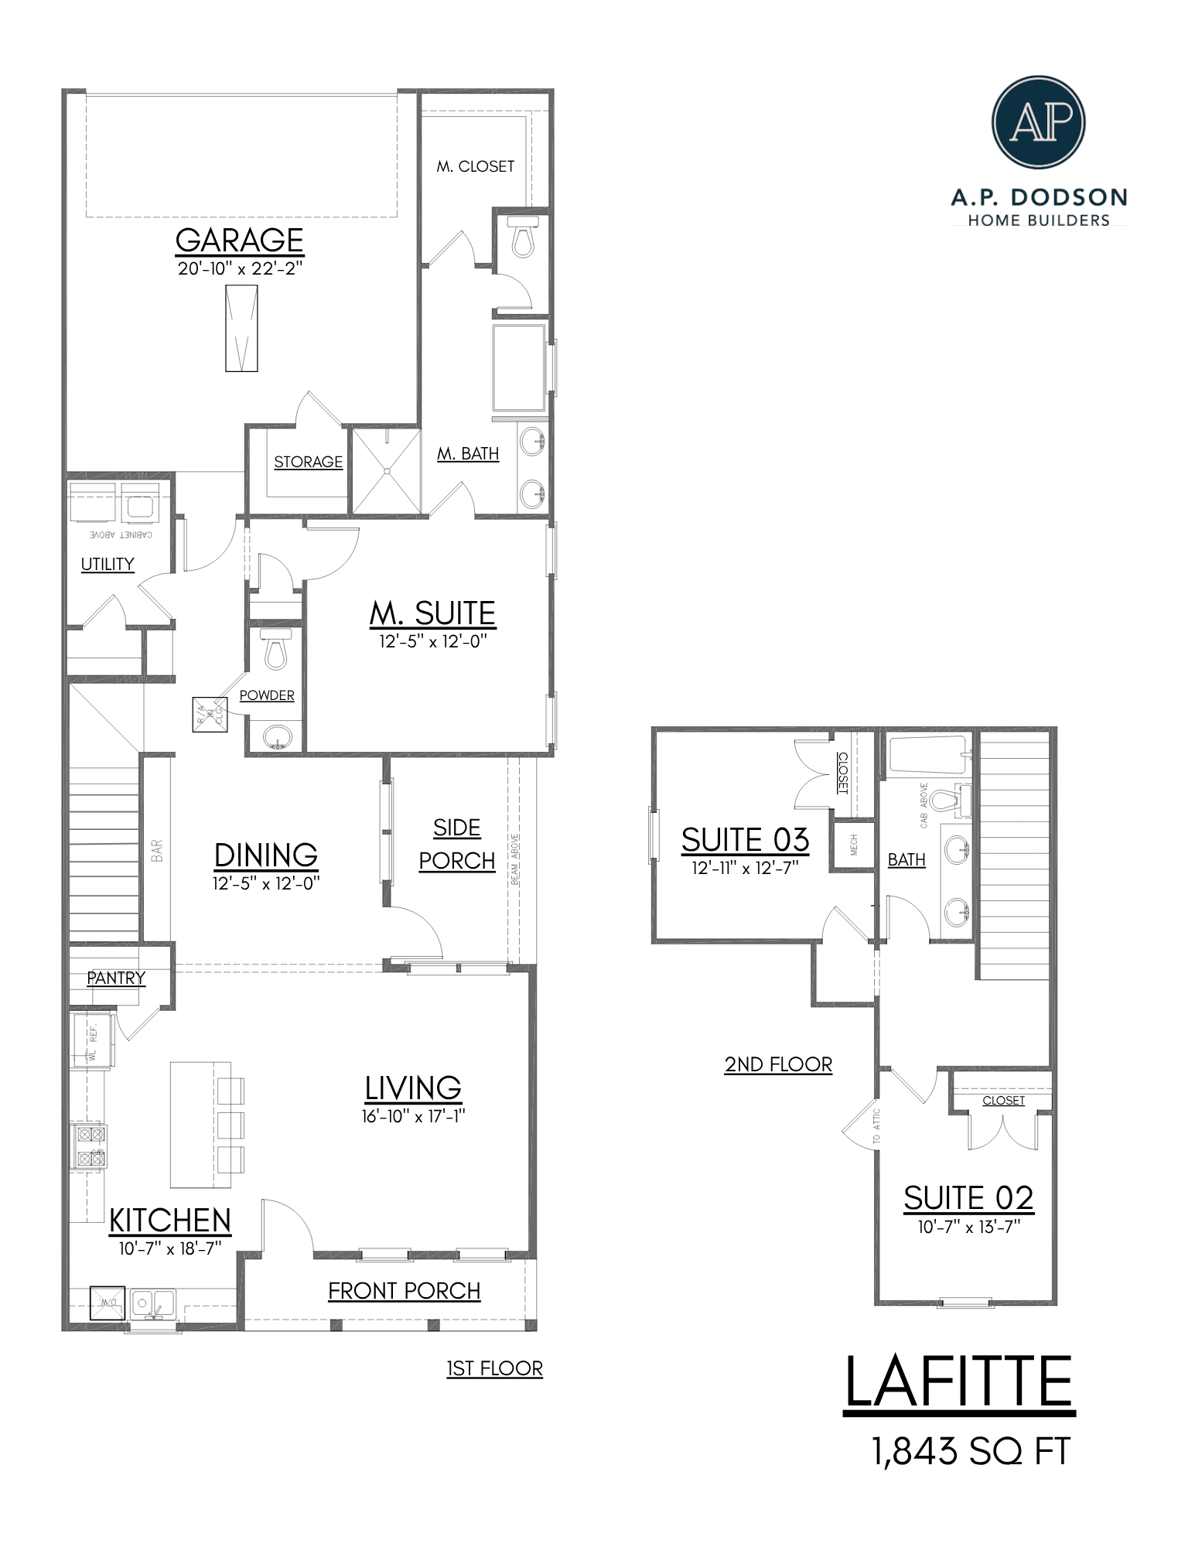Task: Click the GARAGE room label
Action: [x=239, y=241]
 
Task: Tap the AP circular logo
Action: [x=1038, y=121]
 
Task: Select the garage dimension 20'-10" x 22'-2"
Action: [x=239, y=269]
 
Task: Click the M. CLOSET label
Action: [x=475, y=166]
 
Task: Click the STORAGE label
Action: [x=308, y=462]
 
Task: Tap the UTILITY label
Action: [x=108, y=564]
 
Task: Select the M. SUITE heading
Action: [x=432, y=613]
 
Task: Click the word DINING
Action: [x=265, y=855]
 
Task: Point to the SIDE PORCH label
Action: [x=456, y=844]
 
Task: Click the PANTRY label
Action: [x=116, y=978]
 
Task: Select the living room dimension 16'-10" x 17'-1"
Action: [x=413, y=1116]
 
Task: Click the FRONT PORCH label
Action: [x=404, y=1290]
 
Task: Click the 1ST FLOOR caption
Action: [x=494, y=1368]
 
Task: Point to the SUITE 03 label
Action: [x=745, y=840]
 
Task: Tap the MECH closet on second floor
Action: [x=853, y=845]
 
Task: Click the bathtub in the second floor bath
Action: [x=927, y=754]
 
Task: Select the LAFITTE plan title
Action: [x=958, y=1382]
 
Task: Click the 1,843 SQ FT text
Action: [x=971, y=1451]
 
